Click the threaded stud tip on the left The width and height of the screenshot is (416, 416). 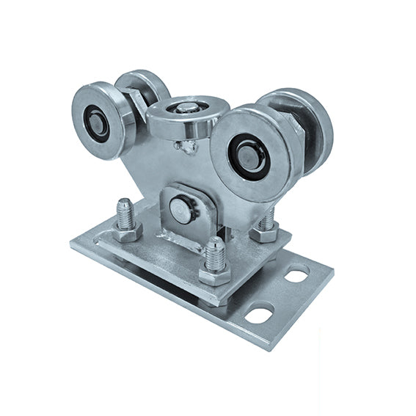pyautogui.click(x=124, y=208)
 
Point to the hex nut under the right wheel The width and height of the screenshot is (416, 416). pyautogui.click(x=266, y=233)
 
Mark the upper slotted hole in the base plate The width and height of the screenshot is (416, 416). pyautogui.click(x=296, y=276)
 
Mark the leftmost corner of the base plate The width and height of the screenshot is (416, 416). pyautogui.click(x=71, y=244)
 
